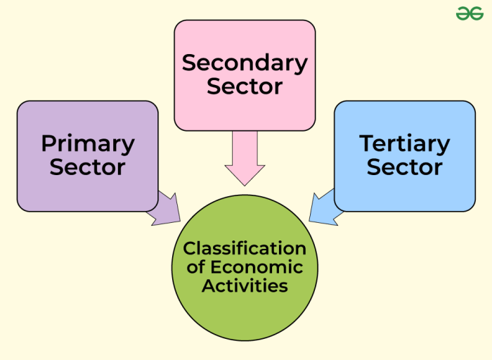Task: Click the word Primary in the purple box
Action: pyautogui.click(x=88, y=144)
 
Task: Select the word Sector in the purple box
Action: pyautogui.click(x=88, y=167)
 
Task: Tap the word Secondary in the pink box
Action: pyautogui.click(x=245, y=63)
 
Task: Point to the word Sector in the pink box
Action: pyautogui.click(x=245, y=86)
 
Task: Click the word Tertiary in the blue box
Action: pyautogui.click(x=405, y=144)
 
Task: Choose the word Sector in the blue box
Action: pyautogui.click(x=405, y=167)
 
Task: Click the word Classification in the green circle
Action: pyautogui.click(x=245, y=249)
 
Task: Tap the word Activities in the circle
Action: pyautogui.click(x=245, y=286)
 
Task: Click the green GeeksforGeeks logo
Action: pyautogui.click(x=470, y=13)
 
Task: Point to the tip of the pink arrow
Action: pyautogui.click(x=245, y=184)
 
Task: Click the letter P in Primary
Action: pyautogui.click(x=48, y=144)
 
